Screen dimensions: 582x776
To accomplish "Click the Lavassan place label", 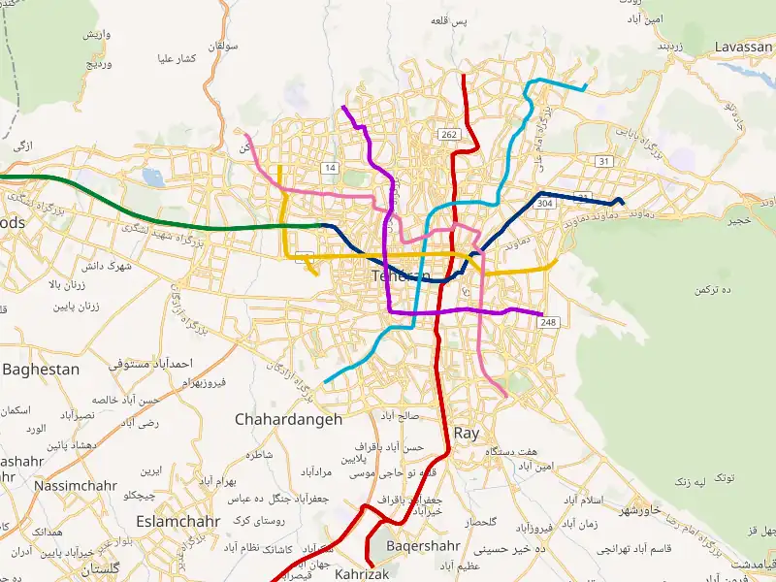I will click(x=743, y=47).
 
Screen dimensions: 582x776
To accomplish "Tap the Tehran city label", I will click(x=399, y=276).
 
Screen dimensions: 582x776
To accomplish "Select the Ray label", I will click(x=467, y=434).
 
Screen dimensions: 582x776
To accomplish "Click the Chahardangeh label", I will click(x=288, y=419).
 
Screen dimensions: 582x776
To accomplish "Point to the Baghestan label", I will click(x=41, y=370).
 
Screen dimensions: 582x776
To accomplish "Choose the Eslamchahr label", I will click(x=178, y=521).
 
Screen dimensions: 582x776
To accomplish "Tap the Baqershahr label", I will click(x=423, y=545).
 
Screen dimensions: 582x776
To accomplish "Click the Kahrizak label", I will click(x=361, y=574).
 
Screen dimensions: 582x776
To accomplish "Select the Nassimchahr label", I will click(x=76, y=485).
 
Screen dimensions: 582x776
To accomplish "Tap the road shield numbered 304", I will click(x=544, y=204).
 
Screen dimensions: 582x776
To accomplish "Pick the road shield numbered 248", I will click(x=550, y=322).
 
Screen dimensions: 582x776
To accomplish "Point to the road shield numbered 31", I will click(x=604, y=161).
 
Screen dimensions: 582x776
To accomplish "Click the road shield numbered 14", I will click(x=331, y=169).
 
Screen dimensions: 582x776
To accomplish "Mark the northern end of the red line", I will click(x=465, y=76).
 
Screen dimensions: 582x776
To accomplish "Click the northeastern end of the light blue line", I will click(x=585, y=87).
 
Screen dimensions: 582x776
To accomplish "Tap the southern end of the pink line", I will click(x=505, y=396).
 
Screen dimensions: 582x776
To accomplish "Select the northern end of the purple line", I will click(x=343, y=107).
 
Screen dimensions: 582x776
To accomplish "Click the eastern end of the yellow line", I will click(x=556, y=260).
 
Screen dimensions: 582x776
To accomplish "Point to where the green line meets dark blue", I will click(x=320, y=225).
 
